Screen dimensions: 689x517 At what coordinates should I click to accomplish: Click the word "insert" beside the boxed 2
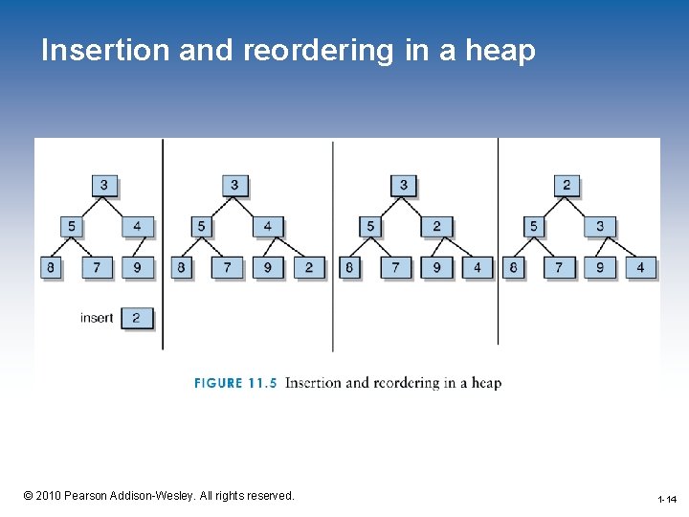(97, 318)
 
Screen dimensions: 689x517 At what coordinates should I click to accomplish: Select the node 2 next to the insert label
(136, 318)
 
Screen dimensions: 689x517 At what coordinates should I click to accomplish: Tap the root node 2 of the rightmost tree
(567, 185)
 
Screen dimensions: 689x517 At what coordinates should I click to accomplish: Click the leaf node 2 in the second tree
(308, 267)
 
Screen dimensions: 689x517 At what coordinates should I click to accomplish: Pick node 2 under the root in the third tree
(436, 227)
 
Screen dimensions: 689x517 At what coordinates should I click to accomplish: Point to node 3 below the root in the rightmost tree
(600, 227)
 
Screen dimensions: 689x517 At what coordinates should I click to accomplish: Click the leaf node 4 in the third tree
(478, 267)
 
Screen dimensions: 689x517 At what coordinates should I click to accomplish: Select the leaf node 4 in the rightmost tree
(641, 267)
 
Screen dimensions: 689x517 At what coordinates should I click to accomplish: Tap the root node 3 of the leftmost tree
(104, 185)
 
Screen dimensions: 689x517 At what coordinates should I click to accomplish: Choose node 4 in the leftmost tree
(137, 227)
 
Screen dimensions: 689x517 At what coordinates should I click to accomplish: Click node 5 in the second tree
(201, 227)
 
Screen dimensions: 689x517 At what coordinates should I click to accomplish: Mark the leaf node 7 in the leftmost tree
(96, 267)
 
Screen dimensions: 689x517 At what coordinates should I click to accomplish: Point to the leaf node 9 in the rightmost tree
(600, 267)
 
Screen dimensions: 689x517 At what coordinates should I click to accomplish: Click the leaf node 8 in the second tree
(181, 267)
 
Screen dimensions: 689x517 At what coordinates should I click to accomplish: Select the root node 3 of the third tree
(404, 185)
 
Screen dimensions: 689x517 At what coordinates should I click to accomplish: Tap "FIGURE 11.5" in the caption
(235, 383)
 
